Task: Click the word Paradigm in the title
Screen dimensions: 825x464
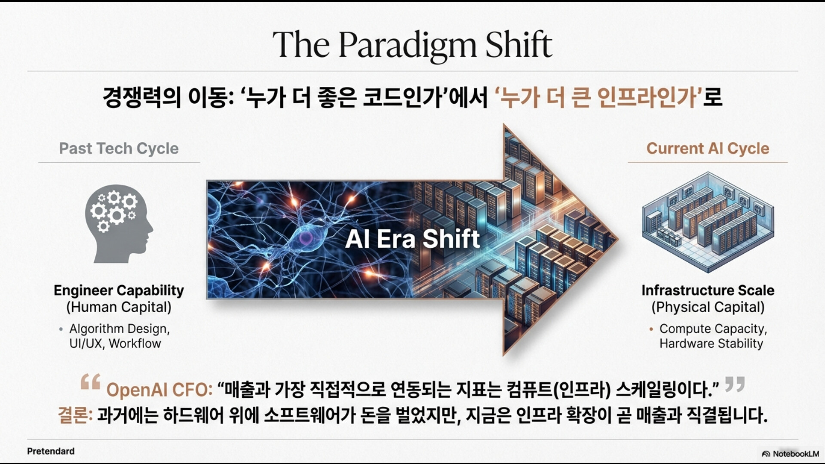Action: click(x=407, y=45)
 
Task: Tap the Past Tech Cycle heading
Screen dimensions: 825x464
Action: click(x=119, y=148)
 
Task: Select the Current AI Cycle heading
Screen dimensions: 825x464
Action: click(x=708, y=148)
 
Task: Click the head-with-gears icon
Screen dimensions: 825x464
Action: click(x=119, y=224)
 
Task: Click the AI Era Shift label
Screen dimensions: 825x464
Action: click(x=412, y=239)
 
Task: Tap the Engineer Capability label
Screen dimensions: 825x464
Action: click(x=119, y=291)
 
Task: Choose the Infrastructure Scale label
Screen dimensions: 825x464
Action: click(x=708, y=290)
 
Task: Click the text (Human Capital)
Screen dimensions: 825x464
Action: click(x=119, y=307)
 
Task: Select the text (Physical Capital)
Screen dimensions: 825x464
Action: click(x=708, y=307)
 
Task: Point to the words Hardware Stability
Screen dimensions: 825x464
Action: click(x=711, y=344)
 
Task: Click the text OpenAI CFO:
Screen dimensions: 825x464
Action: click(x=159, y=390)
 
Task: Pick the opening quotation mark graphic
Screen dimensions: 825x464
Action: click(x=90, y=381)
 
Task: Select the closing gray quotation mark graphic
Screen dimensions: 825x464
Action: click(x=734, y=384)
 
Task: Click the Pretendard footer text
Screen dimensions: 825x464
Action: click(x=51, y=451)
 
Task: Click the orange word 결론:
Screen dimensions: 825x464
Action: click(x=75, y=415)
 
